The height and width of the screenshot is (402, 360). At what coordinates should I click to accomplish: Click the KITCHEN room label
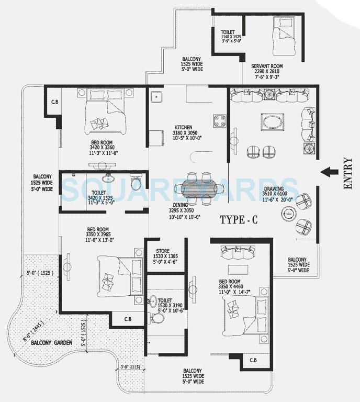pyautogui.click(x=183, y=127)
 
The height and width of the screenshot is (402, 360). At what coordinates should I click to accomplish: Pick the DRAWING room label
pyautogui.click(x=274, y=189)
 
